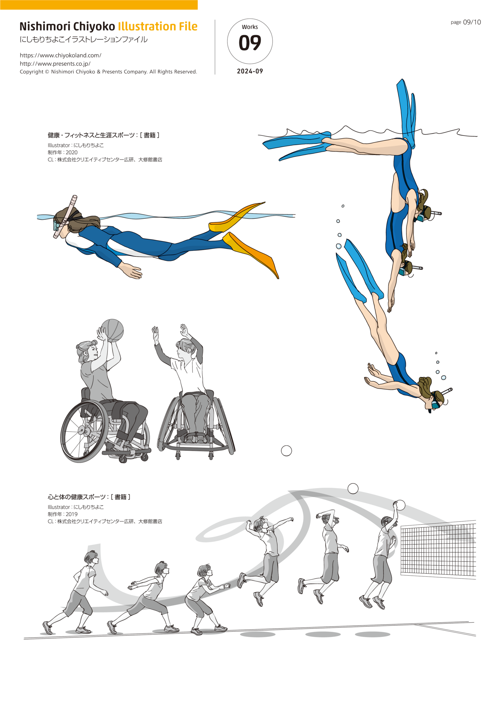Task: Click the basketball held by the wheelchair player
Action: coord(112,331)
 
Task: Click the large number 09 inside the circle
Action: coord(250,43)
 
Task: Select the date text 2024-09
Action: coord(250,71)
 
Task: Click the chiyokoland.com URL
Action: coord(60,55)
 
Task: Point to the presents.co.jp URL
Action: coord(55,64)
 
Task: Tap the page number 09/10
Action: coord(472,22)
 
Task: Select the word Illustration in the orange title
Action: coord(147,26)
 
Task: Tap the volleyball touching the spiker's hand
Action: coord(400,505)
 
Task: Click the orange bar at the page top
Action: coord(99,5)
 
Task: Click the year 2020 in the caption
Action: coord(72,152)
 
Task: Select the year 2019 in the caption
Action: coord(72,514)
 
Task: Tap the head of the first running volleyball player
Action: coord(91,557)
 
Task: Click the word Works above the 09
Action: coord(250,27)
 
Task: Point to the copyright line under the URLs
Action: coord(108,72)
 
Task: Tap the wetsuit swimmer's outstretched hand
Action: coord(131,271)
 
